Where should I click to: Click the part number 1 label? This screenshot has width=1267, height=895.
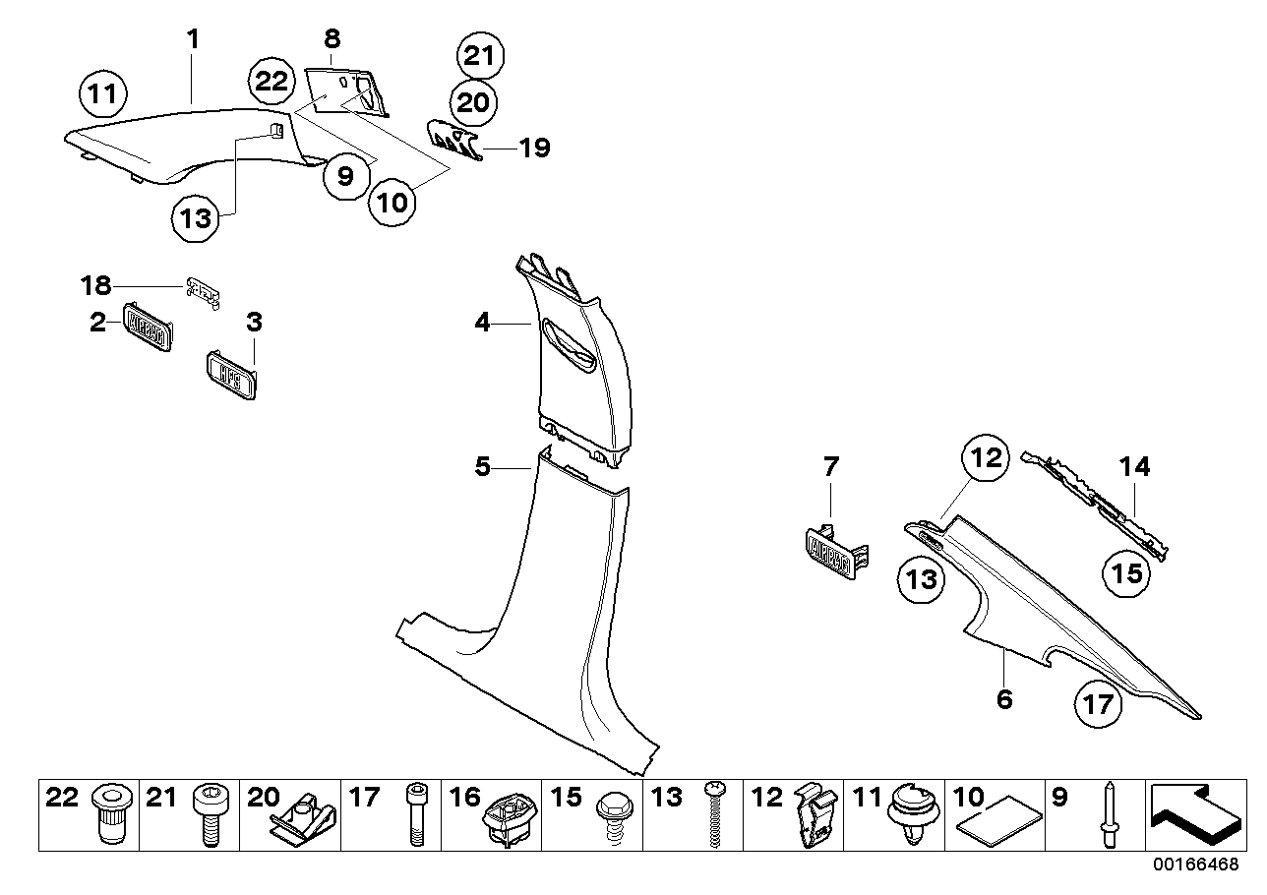coord(194,39)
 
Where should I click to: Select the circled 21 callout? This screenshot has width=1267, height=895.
coord(479,56)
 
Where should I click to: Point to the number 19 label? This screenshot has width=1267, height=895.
coord(535,148)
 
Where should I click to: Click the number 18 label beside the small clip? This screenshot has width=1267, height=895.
coord(96,286)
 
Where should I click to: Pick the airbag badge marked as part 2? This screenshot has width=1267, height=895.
coord(148,325)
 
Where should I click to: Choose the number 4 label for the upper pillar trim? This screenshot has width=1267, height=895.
coord(482,322)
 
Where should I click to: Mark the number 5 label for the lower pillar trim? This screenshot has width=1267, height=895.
coord(482,466)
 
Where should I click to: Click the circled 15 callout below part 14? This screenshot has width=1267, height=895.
coord(1127,571)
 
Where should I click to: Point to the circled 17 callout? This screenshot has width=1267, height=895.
coord(1099,703)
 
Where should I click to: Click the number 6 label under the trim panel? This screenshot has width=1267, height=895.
coord(1003,699)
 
